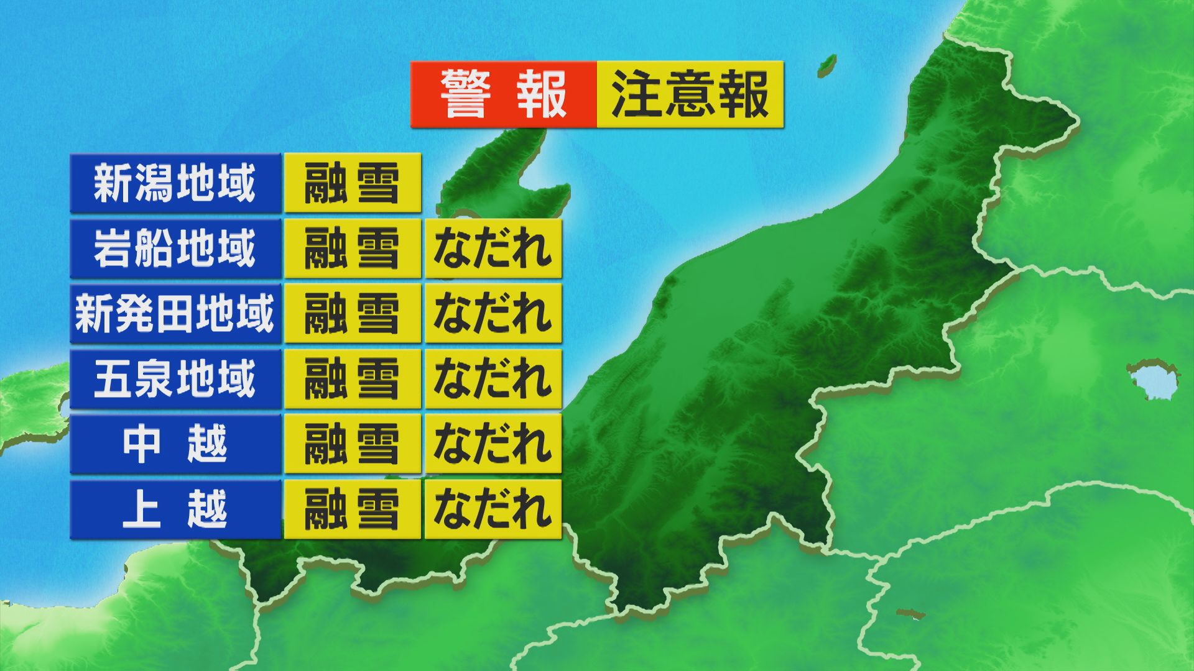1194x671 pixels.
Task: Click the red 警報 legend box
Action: pyautogui.click(x=504, y=94)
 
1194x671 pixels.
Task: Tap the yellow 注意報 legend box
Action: pyautogui.click(x=690, y=94)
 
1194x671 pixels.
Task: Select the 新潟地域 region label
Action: pyautogui.click(x=175, y=184)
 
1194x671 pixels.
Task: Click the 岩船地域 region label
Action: pyautogui.click(x=175, y=249)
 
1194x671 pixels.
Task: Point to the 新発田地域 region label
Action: pyautogui.click(x=175, y=314)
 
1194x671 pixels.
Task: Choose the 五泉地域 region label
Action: pyautogui.click(x=175, y=379)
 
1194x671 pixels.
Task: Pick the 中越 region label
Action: pyautogui.click(x=175, y=444)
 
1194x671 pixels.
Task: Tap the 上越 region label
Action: pyautogui.click(x=175, y=509)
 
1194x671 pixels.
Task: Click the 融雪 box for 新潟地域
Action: pyautogui.click(x=352, y=184)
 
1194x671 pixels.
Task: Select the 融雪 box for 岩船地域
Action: pyautogui.click(x=352, y=249)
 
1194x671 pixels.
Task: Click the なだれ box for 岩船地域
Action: pyautogui.click(x=493, y=249)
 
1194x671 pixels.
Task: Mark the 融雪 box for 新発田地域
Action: pyautogui.click(x=352, y=314)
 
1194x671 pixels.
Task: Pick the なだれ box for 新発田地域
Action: pyautogui.click(x=493, y=314)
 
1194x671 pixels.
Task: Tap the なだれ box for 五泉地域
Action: pyautogui.click(x=493, y=379)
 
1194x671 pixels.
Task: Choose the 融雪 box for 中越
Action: pyautogui.click(x=352, y=444)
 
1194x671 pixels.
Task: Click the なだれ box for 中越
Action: pyautogui.click(x=493, y=444)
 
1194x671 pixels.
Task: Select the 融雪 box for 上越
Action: pyautogui.click(x=352, y=509)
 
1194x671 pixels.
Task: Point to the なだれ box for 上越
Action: pyautogui.click(x=493, y=509)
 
